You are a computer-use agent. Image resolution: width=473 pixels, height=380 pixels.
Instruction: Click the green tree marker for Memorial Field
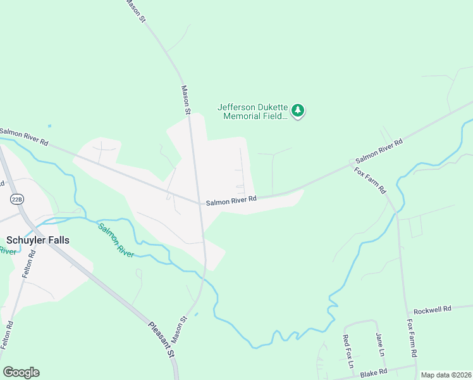[x=298, y=111]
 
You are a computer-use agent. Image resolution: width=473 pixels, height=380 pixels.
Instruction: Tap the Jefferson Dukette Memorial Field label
[x=253, y=111]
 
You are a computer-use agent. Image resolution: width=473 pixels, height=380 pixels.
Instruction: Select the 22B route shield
[x=16, y=199]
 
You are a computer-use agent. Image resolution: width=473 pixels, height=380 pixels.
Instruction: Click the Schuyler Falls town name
[x=38, y=240]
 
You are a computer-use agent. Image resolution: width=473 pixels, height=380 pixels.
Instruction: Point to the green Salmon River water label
[x=116, y=239]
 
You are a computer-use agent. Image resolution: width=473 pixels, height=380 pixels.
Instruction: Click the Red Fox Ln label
[x=347, y=352]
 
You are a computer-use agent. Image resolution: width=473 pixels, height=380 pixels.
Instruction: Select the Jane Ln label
[x=380, y=344]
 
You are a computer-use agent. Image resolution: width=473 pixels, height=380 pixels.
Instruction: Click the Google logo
[x=21, y=372]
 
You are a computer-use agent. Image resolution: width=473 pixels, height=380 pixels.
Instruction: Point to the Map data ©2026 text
[x=446, y=375]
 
